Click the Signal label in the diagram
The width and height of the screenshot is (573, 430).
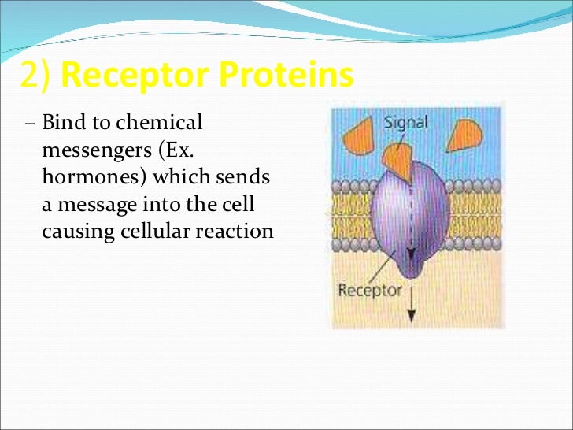(407, 123)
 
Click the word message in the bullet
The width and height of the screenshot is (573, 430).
(91, 205)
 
